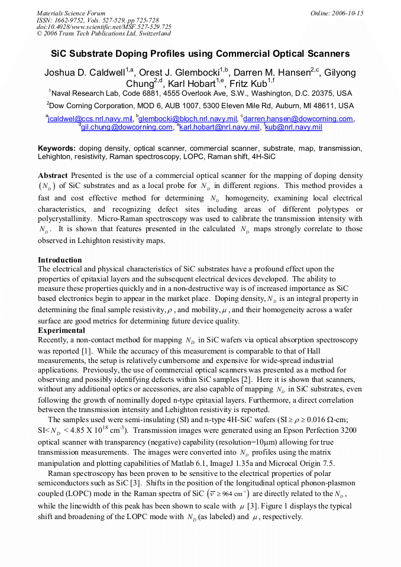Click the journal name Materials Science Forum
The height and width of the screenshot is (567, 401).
(x=71, y=13)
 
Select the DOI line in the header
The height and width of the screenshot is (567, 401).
(x=104, y=27)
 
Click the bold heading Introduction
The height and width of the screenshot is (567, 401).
(x=60, y=260)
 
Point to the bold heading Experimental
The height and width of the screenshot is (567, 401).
(x=62, y=331)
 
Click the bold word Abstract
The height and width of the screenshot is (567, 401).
(x=53, y=176)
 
